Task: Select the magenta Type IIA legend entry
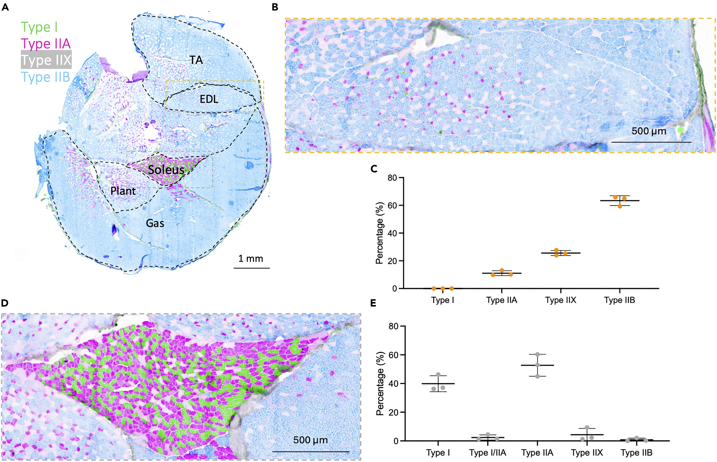(x=46, y=44)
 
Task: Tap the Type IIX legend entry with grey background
(x=46, y=60)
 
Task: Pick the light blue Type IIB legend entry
(x=45, y=77)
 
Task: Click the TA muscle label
(x=196, y=60)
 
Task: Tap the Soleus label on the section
(x=166, y=170)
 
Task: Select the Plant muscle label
(x=123, y=191)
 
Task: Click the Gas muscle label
(x=155, y=223)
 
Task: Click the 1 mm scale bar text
(x=251, y=259)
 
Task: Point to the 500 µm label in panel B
(x=649, y=131)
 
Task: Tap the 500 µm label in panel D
(x=310, y=440)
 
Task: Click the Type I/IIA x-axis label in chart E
(x=488, y=453)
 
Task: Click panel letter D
(x=5, y=303)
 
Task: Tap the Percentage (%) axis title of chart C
(x=380, y=233)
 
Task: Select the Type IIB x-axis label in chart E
(x=637, y=453)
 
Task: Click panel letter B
(x=275, y=7)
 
